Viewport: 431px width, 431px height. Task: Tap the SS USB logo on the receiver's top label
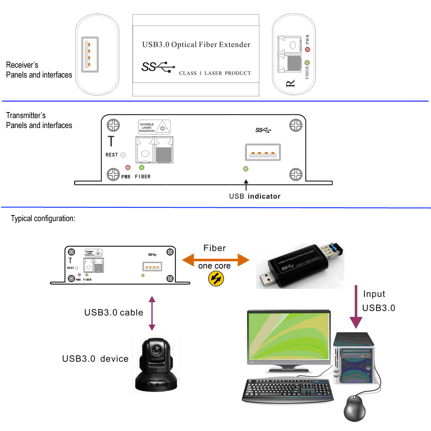click(158, 67)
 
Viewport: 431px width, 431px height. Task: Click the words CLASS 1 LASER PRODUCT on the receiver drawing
click(215, 73)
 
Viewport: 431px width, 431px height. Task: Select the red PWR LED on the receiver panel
click(307, 50)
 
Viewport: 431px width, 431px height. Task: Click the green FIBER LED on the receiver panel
click(307, 63)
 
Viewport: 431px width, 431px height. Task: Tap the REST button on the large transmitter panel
click(123, 155)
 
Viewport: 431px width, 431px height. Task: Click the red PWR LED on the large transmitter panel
click(128, 168)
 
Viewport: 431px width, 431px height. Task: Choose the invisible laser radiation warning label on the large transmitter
click(153, 127)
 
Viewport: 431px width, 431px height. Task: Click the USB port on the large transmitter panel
click(263, 153)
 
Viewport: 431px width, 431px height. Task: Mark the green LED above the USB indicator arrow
click(246, 169)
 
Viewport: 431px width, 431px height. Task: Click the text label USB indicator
click(255, 197)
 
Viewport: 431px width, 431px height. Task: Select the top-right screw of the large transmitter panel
click(296, 125)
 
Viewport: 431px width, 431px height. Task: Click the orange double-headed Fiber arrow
click(215, 259)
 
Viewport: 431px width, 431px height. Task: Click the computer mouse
click(356, 409)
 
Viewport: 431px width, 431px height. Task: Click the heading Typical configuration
click(43, 219)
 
